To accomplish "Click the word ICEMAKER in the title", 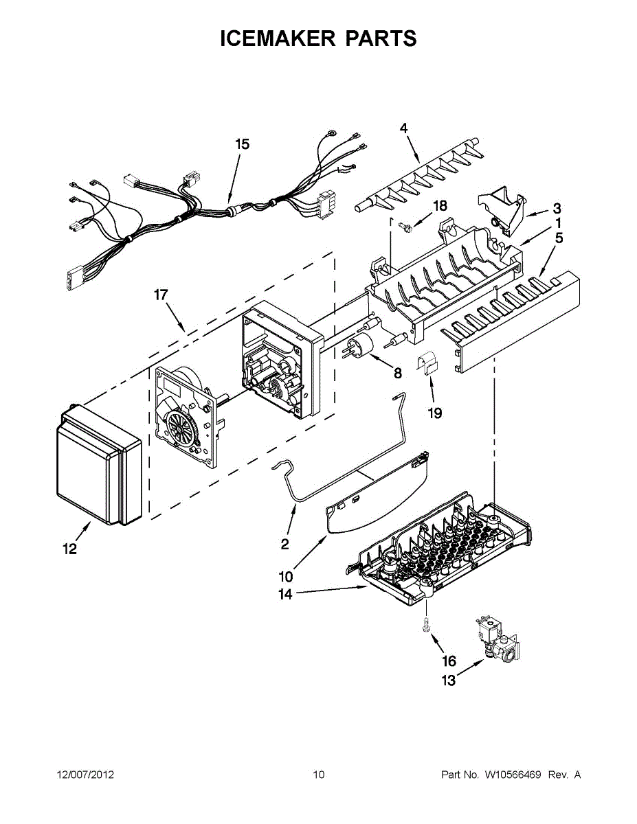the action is pyautogui.click(x=278, y=38).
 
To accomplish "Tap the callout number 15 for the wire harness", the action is pyautogui.click(x=242, y=144).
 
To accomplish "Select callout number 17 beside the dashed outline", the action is pyautogui.click(x=161, y=295).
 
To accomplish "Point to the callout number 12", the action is pyautogui.click(x=70, y=549).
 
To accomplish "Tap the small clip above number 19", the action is pyautogui.click(x=427, y=364).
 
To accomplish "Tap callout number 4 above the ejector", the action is pyautogui.click(x=403, y=128).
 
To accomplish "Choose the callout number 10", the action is pyautogui.click(x=286, y=577).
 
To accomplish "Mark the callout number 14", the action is pyautogui.click(x=286, y=594).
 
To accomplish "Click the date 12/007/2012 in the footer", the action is pyautogui.click(x=85, y=775).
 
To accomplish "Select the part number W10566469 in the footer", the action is pyautogui.click(x=513, y=775).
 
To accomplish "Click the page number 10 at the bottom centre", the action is pyautogui.click(x=319, y=775).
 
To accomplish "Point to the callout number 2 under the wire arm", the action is pyautogui.click(x=285, y=544).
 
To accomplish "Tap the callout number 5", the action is pyautogui.click(x=559, y=238).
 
